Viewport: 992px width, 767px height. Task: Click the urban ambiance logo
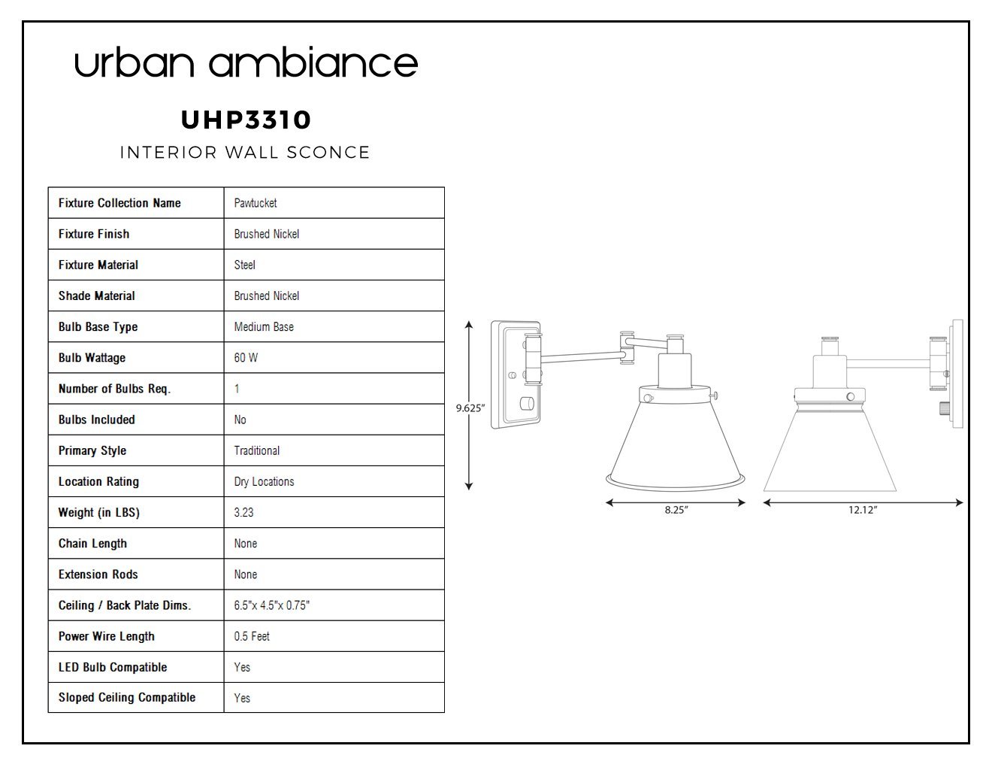tap(246, 62)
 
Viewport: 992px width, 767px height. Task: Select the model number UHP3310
tap(246, 120)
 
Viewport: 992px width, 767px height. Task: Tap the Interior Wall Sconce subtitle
tap(245, 153)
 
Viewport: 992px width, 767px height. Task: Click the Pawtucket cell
tap(256, 203)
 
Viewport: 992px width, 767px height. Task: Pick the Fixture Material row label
tap(98, 265)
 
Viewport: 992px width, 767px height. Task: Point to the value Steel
tap(245, 265)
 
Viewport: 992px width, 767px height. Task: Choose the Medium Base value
tap(264, 326)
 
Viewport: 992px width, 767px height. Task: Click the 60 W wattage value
tap(246, 358)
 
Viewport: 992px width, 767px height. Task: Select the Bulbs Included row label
tap(97, 420)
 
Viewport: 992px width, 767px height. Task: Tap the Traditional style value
tap(257, 450)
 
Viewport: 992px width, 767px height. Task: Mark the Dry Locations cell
tap(265, 481)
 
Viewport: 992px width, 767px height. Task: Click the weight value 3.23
tap(243, 513)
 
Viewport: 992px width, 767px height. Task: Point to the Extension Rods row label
tap(98, 574)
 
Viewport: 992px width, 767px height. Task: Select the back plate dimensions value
tap(272, 605)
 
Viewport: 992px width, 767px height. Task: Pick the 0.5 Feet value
tap(252, 636)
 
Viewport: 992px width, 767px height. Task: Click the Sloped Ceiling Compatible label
tap(127, 698)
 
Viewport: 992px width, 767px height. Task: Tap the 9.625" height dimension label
tap(470, 408)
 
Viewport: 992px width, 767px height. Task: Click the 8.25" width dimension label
tap(676, 510)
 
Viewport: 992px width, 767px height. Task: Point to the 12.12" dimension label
tap(863, 510)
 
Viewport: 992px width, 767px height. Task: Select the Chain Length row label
tap(92, 544)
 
